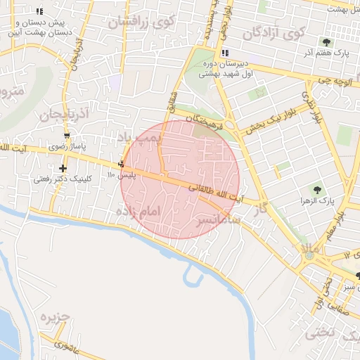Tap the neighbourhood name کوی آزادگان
coord(274,32)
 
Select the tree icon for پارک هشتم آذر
coord(326,41)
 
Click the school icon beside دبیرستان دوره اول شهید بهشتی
coord(224,53)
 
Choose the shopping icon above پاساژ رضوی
coord(67,136)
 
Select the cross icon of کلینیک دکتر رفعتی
coord(63,168)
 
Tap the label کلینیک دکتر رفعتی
coord(63,179)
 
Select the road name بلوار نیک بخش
coord(264,124)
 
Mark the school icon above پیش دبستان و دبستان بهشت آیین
coord(39,11)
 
